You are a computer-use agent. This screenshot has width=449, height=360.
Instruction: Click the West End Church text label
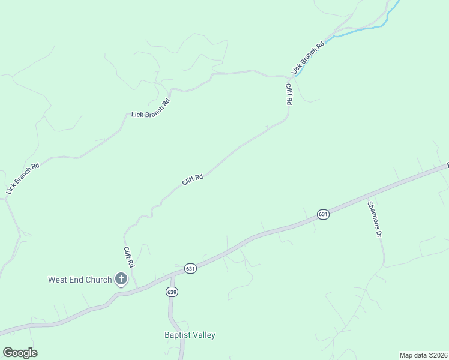[x=80, y=280]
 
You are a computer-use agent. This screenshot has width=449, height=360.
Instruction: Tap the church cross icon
[x=121, y=278]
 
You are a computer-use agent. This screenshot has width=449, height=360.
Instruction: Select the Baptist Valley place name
[x=190, y=335]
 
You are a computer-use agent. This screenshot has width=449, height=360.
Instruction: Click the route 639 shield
[x=172, y=292]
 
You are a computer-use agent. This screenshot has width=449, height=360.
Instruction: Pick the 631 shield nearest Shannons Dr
[x=323, y=214]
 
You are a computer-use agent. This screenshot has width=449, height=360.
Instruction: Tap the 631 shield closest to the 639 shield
[x=190, y=268]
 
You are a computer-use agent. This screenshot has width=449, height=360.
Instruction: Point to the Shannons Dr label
[x=375, y=218]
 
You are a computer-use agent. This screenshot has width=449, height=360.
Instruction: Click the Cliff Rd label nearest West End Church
[x=128, y=257]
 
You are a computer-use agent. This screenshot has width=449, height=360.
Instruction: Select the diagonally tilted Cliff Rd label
[x=193, y=179]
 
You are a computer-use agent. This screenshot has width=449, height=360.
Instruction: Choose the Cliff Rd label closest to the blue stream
[x=289, y=95]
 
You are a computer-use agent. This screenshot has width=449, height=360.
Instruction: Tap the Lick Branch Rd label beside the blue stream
[x=308, y=58]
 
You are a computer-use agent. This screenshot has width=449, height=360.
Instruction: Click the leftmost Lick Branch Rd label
[x=23, y=178]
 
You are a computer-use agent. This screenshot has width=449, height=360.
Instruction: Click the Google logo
[x=20, y=353]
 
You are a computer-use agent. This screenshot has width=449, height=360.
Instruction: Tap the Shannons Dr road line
[x=382, y=252]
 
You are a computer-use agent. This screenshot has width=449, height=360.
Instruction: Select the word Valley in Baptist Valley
[x=203, y=335]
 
